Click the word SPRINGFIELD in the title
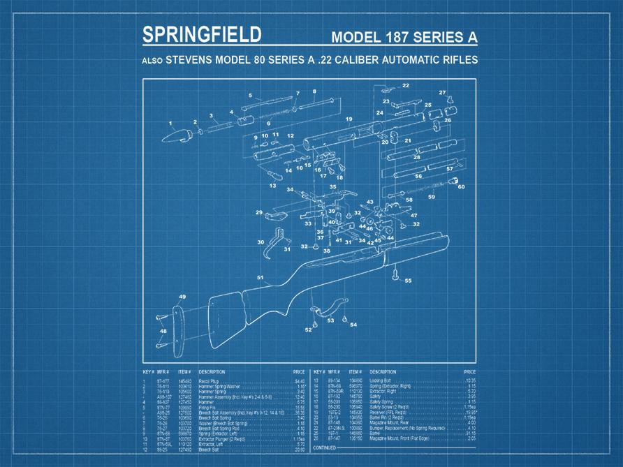click(201, 35)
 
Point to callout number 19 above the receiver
click(349, 119)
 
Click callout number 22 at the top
click(405, 86)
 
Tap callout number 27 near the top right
click(442, 93)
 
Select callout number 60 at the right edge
click(461, 186)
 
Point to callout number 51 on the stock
click(260, 278)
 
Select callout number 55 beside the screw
click(408, 281)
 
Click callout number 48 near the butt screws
click(163, 332)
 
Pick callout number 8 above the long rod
click(314, 91)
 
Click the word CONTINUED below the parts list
click(325, 447)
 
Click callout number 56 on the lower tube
click(418, 176)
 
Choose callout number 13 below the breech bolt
click(272, 186)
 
